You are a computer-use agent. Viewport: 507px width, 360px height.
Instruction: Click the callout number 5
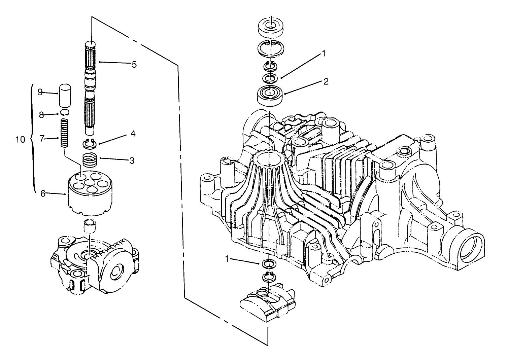coord(134,65)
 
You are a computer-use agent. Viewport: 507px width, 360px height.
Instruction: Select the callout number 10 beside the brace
coord(21,139)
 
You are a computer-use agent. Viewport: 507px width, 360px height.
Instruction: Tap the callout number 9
coord(40,92)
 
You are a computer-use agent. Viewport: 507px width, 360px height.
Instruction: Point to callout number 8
coord(41,115)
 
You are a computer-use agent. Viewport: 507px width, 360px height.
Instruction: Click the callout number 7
coord(42,138)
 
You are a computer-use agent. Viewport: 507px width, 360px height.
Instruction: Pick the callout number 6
coord(43,193)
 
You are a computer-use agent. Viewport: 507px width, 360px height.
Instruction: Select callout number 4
coord(133,134)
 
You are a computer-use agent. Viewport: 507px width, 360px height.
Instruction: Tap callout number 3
coord(132,160)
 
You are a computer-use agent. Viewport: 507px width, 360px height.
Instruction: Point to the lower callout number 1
coord(237,258)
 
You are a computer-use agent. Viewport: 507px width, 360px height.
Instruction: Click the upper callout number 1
coord(324,53)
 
